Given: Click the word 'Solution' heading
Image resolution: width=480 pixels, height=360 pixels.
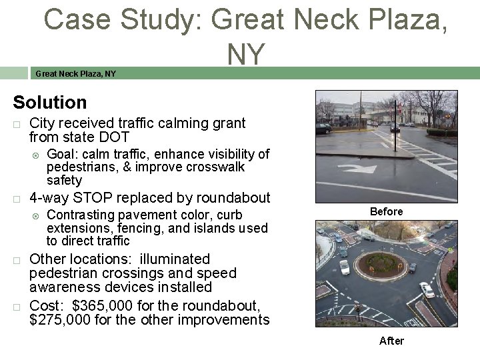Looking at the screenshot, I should point(50,103).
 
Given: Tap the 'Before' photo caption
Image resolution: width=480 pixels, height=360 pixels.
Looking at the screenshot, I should point(386,211).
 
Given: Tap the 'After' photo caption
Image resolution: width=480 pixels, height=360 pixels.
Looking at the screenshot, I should point(391,341).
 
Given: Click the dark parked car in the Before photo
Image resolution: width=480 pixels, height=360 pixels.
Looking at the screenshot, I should point(324,128).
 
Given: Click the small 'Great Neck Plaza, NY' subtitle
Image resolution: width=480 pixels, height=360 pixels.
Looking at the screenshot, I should point(75,73).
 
